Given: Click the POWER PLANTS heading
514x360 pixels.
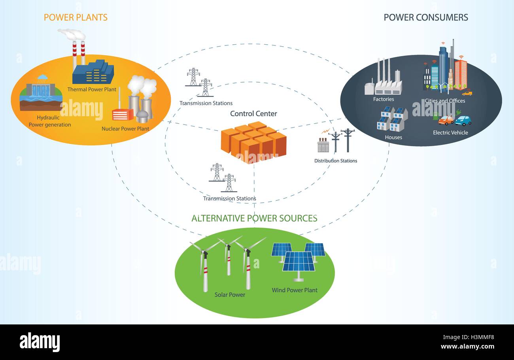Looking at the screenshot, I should click(76, 17).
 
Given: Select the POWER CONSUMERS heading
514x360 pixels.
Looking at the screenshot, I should click(426, 17).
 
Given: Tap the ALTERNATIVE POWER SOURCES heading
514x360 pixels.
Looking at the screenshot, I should click(254, 218).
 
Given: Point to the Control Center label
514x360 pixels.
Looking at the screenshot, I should click(253, 114).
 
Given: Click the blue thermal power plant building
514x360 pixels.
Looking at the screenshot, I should click(93, 72).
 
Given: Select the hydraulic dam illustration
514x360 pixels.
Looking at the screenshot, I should click(40, 93).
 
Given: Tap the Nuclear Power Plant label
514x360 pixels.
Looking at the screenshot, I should click(125, 129).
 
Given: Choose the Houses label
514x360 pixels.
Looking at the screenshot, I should click(393, 138).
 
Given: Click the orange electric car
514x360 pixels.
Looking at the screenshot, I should click(446, 120).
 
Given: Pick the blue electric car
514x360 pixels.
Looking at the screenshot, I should click(463, 121).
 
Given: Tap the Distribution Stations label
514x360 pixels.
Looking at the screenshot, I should click(336, 161).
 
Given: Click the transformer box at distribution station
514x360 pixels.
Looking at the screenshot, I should click(323, 146).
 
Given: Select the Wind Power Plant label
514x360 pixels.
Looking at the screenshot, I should click(295, 290).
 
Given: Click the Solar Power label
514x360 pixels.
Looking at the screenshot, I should click(230, 295).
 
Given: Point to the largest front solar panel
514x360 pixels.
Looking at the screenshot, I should click(299, 262).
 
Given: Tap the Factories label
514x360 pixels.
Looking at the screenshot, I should click(383, 99).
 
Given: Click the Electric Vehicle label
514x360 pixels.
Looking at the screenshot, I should click(450, 133).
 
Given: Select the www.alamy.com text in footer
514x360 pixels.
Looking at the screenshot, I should click(467, 347).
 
